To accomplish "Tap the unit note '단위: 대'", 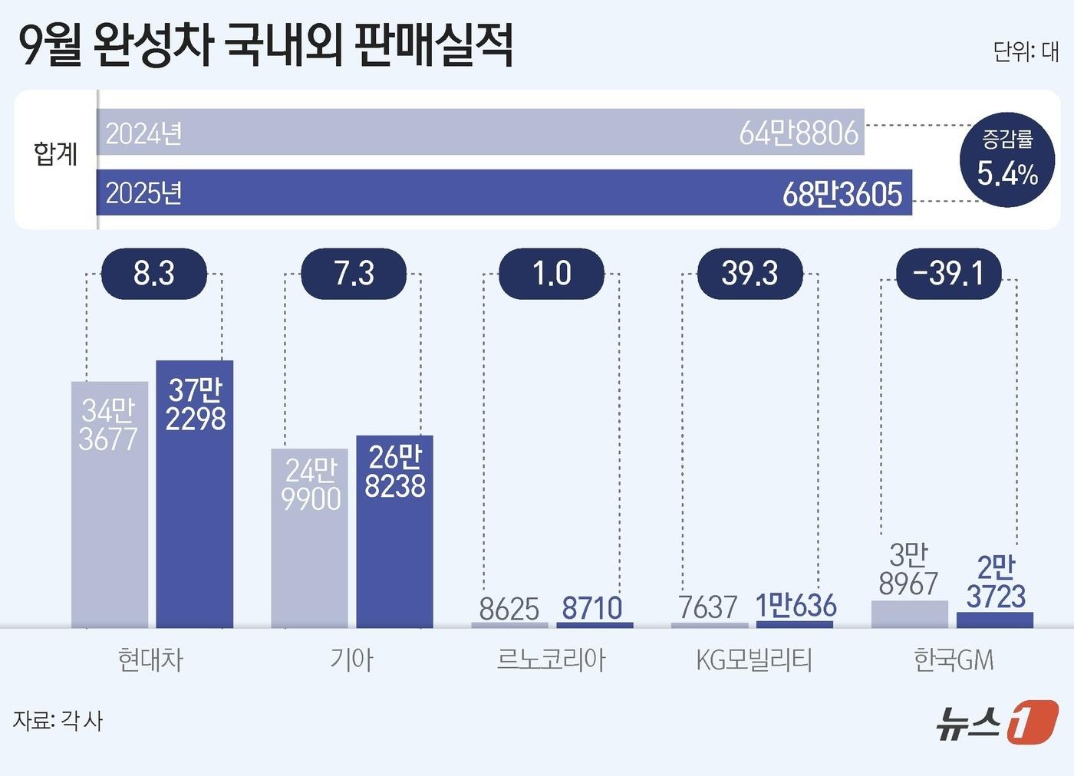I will (x=1025, y=51).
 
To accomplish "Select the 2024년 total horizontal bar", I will (x=480, y=133).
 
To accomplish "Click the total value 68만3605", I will (x=842, y=194).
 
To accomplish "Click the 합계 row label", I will (x=55, y=153).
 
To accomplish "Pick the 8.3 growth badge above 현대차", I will (x=154, y=274).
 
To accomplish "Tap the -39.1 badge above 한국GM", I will (x=948, y=274).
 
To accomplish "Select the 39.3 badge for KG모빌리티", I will (x=749, y=274).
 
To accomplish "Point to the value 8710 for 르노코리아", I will (x=592, y=608).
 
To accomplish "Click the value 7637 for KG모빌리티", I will (x=707, y=608).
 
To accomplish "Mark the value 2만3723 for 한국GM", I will (x=996, y=582).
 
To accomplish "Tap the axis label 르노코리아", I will (x=551, y=659).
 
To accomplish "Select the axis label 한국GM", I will (x=953, y=659).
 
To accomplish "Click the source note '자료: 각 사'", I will (x=58, y=721).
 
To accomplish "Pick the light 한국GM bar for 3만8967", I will (x=910, y=614).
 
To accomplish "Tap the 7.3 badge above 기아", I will (x=354, y=274).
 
